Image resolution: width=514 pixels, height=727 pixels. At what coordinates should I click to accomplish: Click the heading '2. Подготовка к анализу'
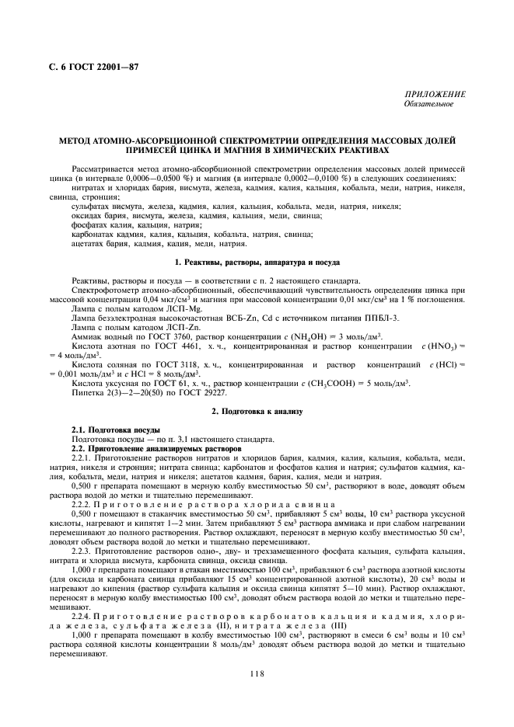(x=256, y=409)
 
